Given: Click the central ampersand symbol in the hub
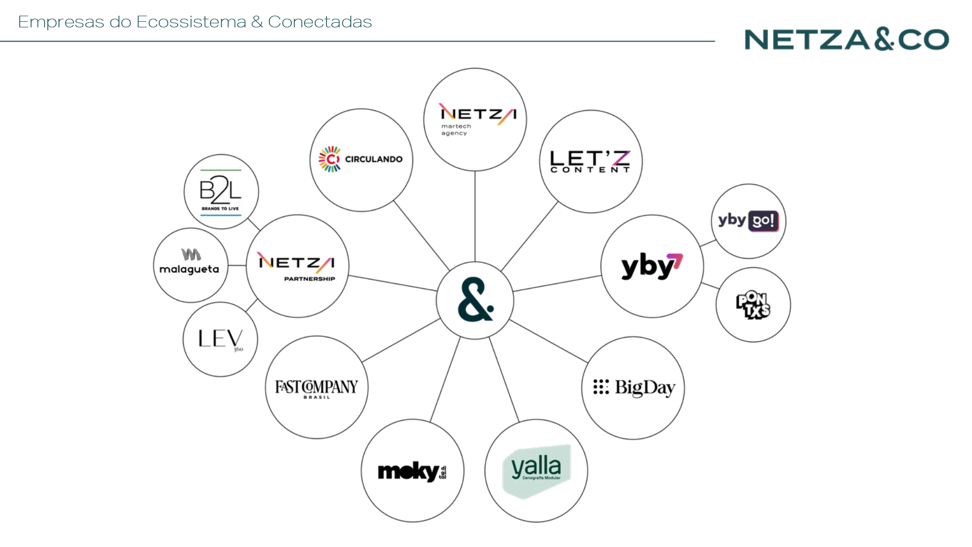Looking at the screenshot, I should pyautogui.click(x=475, y=300).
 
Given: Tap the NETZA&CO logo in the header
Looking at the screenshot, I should pyautogui.click(x=846, y=40).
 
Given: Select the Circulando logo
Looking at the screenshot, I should pyautogui.click(x=360, y=160).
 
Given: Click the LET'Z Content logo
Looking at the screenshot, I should pyautogui.click(x=590, y=162).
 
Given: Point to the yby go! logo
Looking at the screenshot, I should pyautogui.click(x=748, y=221).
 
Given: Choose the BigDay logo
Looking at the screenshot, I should pyautogui.click(x=634, y=387).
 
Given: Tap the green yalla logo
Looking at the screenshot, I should pyautogui.click(x=537, y=471).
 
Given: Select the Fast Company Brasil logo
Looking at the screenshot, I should pyautogui.click(x=316, y=388).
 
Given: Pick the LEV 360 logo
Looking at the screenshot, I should pyautogui.click(x=220, y=339).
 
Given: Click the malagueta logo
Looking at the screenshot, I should pyautogui.click(x=189, y=263).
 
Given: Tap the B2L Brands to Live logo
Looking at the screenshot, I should pyautogui.click(x=221, y=192).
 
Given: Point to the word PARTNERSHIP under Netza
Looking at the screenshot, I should pyautogui.click(x=309, y=279).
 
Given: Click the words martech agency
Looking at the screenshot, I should pyautogui.click(x=456, y=130).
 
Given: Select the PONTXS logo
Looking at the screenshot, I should pyautogui.click(x=753, y=305).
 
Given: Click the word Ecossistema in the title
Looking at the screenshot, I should pyautogui.click(x=191, y=22).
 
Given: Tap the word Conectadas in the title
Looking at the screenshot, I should pyautogui.click(x=319, y=22).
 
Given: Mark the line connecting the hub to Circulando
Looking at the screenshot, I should pyautogui.click(x=421, y=236).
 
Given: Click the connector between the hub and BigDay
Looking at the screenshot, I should pyautogui.click(x=548, y=341).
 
